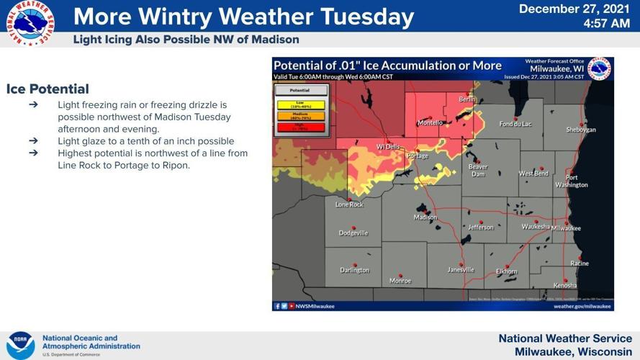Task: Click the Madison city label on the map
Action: pos(425,217)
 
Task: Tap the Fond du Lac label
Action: pos(515,124)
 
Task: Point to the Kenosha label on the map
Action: pos(565,286)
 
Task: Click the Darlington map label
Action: pos(354,270)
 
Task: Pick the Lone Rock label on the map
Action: pos(350,204)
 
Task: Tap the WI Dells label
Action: pos(389,147)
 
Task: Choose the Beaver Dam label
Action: pos(478,170)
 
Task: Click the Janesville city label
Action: pos(461,270)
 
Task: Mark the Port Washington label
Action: pos(572,181)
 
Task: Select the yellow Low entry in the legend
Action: pos(300,105)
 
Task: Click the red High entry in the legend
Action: pos(300,127)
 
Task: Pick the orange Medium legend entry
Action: pos(300,116)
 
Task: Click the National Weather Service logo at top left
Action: pos(30,23)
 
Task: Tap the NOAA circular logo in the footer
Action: pos(20,345)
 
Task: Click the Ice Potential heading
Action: pos(48,89)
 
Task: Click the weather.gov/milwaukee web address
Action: pos(583,306)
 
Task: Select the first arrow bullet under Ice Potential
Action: pos(33,105)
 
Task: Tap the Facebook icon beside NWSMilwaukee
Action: pos(277,306)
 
